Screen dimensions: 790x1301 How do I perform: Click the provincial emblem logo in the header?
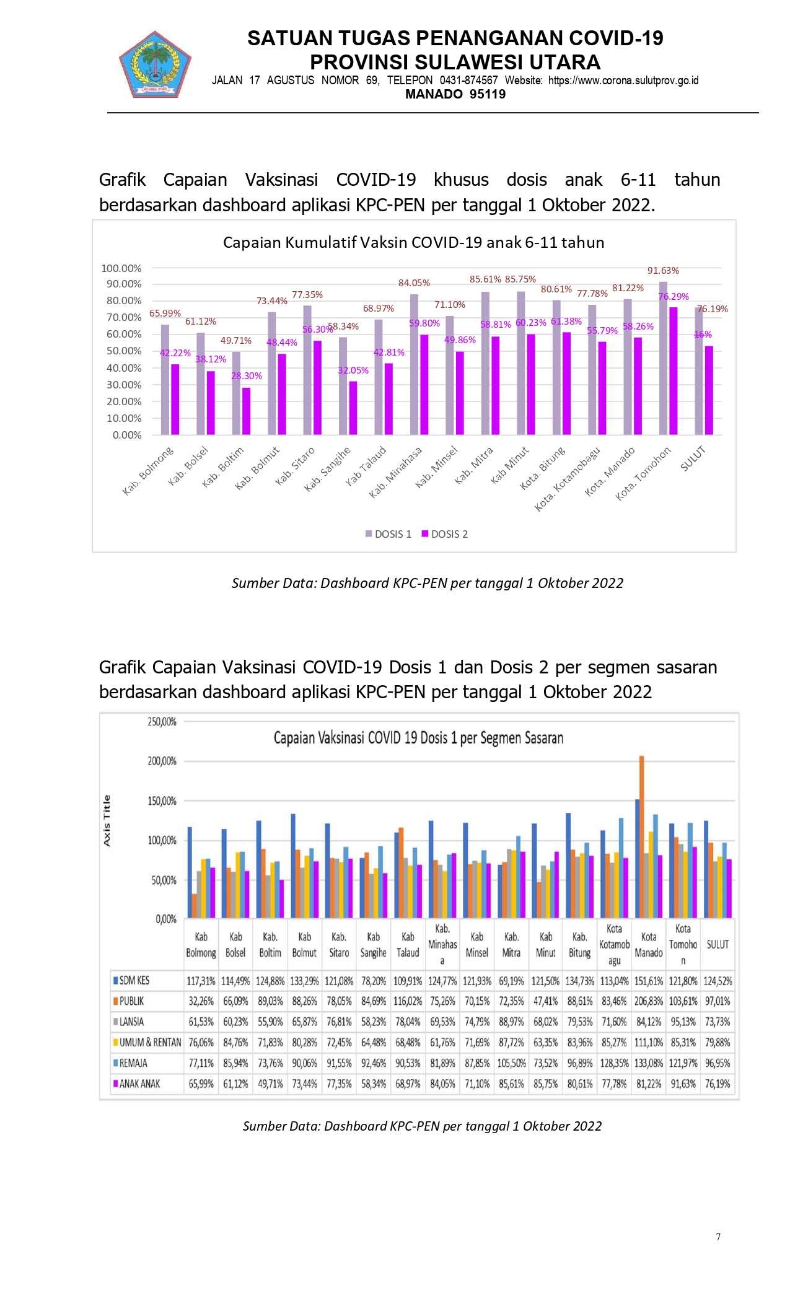click(x=155, y=64)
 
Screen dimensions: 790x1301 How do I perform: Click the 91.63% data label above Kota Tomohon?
click(x=663, y=271)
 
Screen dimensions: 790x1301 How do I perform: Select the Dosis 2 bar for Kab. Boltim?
click(x=247, y=411)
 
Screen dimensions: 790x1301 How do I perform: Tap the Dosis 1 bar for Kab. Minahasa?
click(x=414, y=364)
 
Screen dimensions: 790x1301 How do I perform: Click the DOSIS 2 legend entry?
click(x=444, y=534)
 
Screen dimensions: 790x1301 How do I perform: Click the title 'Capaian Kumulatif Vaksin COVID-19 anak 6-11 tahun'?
click(x=413, y=242)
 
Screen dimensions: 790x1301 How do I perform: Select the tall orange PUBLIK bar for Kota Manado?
click(x=642, y=836)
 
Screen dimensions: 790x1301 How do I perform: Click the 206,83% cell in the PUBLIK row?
click(x=648, y=1001)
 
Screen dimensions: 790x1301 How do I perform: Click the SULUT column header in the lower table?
click(x=718, y=945)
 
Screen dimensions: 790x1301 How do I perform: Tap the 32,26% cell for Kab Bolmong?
click(x=201, y=1001)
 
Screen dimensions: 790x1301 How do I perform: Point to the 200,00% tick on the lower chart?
click(x=162, y=761)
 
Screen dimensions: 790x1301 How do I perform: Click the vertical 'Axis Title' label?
click(x=107, y=821)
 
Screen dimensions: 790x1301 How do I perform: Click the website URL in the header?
click(x=623, y=81)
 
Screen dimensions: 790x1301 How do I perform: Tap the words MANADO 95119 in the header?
click(x=455, y=94)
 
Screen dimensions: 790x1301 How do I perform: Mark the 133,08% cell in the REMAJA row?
click(x=648, y=1063)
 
